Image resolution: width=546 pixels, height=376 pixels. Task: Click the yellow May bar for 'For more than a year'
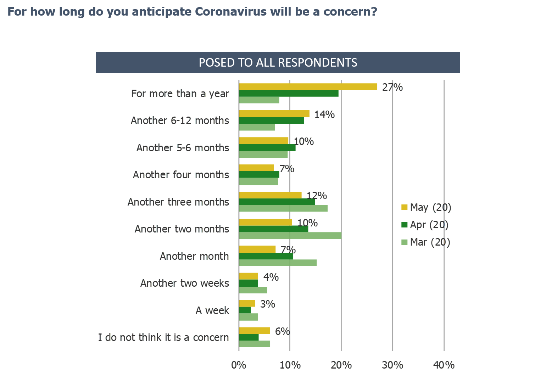click(308, 86)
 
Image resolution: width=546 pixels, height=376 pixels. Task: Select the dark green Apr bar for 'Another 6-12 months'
click(272, 120)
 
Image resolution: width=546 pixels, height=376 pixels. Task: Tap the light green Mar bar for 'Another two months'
click(290, 236)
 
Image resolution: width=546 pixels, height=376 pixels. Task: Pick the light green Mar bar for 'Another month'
click(278, 263)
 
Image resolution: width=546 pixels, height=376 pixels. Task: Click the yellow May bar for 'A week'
click(247, 303)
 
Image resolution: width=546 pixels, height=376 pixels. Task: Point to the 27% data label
click(392, 87)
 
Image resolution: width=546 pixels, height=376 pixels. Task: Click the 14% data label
click(324, 114)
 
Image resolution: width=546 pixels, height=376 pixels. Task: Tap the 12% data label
click(317, 196)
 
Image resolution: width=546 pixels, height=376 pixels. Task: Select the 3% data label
click(268, 304)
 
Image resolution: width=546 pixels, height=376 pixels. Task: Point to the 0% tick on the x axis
click(239, 365)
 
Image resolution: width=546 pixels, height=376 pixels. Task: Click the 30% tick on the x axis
click(393, 365)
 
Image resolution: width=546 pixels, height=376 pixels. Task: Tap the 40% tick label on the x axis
click(444, 365)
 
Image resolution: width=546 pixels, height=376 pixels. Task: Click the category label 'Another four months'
click(181, 175)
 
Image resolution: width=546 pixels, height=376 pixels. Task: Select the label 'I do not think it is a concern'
click(163, 337)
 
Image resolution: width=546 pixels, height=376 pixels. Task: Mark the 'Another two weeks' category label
click(185, 283)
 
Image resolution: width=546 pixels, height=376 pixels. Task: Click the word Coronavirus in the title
click(230, 12)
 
